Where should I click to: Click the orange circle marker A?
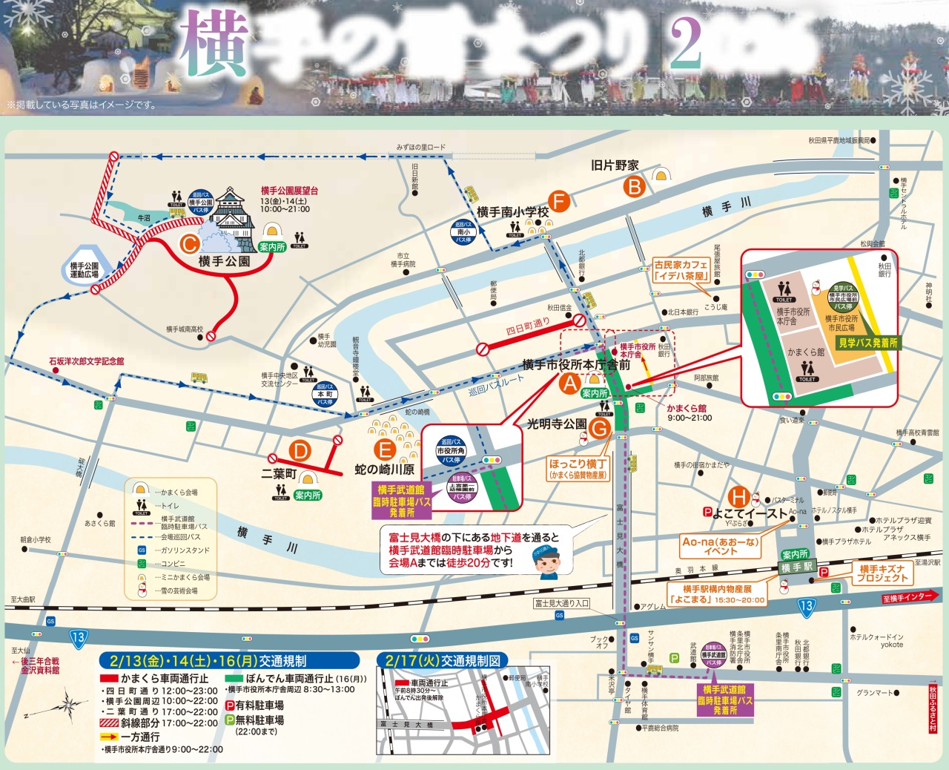pos(569,384)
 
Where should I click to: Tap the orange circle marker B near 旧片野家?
pos(635,187)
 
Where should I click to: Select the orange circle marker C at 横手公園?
pos(190,243)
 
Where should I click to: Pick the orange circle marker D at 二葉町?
pos(300,451)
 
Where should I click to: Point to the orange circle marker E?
pos(384,450)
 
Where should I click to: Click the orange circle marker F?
pos(560,201)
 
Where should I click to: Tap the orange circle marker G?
pos(599,427)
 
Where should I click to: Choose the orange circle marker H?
pos(738,497)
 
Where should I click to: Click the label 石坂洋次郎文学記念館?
pos(87,361)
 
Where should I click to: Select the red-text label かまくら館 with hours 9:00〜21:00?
pos(687,409)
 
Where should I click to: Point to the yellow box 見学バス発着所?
pos(867,343)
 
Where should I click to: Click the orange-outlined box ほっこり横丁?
pos(578,468)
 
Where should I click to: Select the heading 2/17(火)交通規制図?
pos(442,659)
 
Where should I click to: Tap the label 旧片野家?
pos(615,165)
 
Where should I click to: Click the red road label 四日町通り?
pos(528,327)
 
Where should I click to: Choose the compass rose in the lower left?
pos(65,703)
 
